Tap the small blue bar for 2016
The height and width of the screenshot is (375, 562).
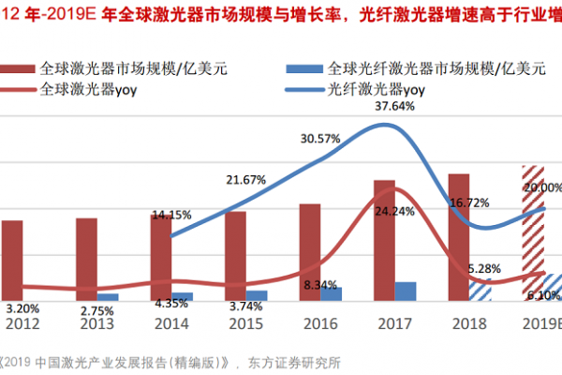[x=331, y=293]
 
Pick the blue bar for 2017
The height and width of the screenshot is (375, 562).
[x=406, y=291]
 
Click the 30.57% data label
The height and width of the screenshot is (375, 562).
[x=319, y=139]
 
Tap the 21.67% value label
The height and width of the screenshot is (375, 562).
[x=246, y=179]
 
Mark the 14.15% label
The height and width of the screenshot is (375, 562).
[x=170, y=214]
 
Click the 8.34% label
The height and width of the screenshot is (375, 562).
[x=320, y=284]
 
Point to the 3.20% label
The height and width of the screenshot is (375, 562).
[x=22, y=307]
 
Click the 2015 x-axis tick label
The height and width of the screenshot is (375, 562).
[x=246, y=324]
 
